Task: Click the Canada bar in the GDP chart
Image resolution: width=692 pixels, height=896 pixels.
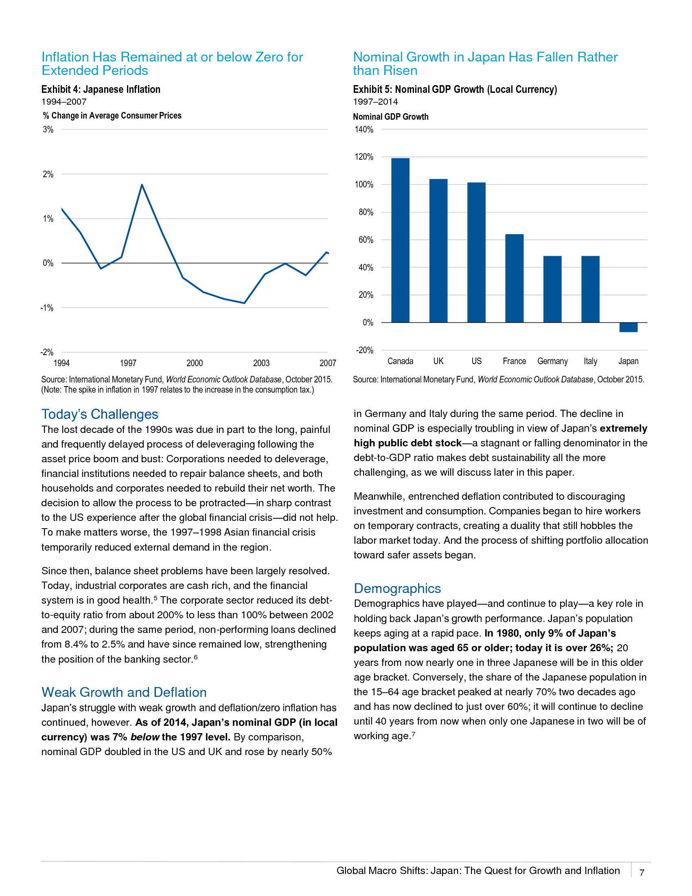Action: [x=400, y=240]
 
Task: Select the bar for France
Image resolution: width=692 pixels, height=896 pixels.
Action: [x=514, y=278]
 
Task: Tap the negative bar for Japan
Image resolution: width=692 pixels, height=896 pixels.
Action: [x=628, y=327]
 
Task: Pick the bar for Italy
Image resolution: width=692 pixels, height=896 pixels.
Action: [x=590, y=289]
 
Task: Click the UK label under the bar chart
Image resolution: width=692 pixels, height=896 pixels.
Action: [x=438, y=361]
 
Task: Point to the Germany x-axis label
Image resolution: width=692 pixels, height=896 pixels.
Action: [x=552, y=361]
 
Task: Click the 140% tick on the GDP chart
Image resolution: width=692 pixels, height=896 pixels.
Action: [x=364, y=130]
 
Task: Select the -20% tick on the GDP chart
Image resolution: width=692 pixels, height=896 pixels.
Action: [x=364, y=350]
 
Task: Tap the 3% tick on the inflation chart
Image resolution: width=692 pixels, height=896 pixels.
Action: [x=48, y=130]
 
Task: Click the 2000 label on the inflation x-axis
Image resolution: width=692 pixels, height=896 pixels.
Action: [x=195, y=363]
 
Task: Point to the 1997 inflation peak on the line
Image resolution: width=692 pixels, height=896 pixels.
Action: [x=142, y=185]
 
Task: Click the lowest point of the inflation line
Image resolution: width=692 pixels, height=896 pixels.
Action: [x=244, y=303]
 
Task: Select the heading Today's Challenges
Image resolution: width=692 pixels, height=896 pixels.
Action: [x=100, y=414]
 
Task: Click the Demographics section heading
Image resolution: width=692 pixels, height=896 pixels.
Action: [x=397, y=589]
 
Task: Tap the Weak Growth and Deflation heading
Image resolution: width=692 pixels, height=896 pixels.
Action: [x=124, y=692]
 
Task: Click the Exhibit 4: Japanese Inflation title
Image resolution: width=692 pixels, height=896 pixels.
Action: [x=101, y=90]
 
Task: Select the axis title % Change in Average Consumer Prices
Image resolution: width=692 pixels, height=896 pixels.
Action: [x=112, y=116]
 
